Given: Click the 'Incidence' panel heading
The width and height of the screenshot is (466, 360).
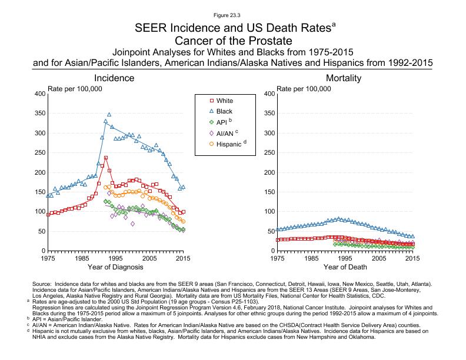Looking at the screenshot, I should (116, 78).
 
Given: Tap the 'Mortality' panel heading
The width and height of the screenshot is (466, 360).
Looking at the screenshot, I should (344, 78).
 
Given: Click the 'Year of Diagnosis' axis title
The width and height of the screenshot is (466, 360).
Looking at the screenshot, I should (116, 267).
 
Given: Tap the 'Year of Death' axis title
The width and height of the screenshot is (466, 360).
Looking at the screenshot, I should (345, 267).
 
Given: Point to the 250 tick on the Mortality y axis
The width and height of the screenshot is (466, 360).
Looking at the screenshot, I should (267, 153).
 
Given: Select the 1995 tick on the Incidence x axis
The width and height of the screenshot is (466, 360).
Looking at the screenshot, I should (116, 258).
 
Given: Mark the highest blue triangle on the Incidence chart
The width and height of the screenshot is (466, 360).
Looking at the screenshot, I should (109, 115).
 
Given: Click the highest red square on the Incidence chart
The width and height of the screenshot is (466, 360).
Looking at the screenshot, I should (106, 158).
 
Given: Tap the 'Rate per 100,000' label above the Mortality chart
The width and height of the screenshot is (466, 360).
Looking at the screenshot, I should (305, 88).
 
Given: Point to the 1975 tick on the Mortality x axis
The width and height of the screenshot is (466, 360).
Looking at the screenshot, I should (277, 258).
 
